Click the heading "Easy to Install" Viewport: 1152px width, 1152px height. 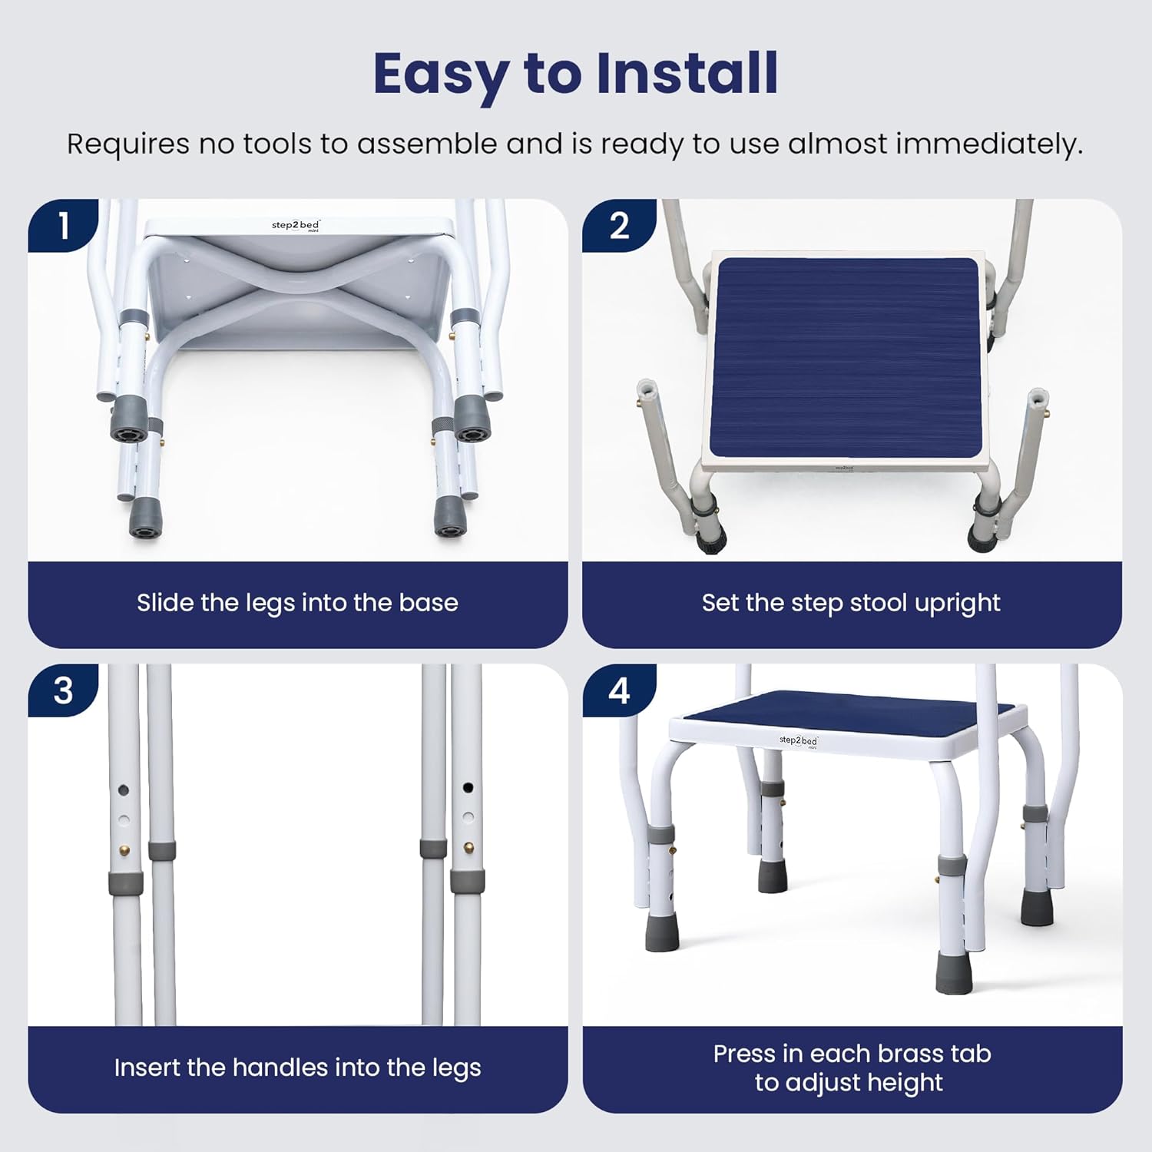[575, 74]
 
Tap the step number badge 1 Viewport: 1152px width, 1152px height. [63, 226]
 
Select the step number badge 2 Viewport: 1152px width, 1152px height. [618, 226]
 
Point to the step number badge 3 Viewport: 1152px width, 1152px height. [63, 690]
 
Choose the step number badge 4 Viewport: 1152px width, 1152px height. [618, 690]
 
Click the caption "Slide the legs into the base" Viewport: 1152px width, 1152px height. [297, 603]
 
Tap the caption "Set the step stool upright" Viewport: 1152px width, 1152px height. [851, 603]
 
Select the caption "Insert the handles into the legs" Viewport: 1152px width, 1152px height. [297, 1068]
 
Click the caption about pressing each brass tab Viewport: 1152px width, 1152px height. [851, 1068]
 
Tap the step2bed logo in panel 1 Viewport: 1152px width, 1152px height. [296, 226]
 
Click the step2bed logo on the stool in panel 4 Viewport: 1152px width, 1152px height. [798, 740]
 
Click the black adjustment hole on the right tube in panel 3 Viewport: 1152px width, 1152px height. [468, 788]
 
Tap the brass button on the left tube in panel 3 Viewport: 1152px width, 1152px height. [124, 850]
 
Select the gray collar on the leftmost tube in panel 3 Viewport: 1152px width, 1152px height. [124, 883]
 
